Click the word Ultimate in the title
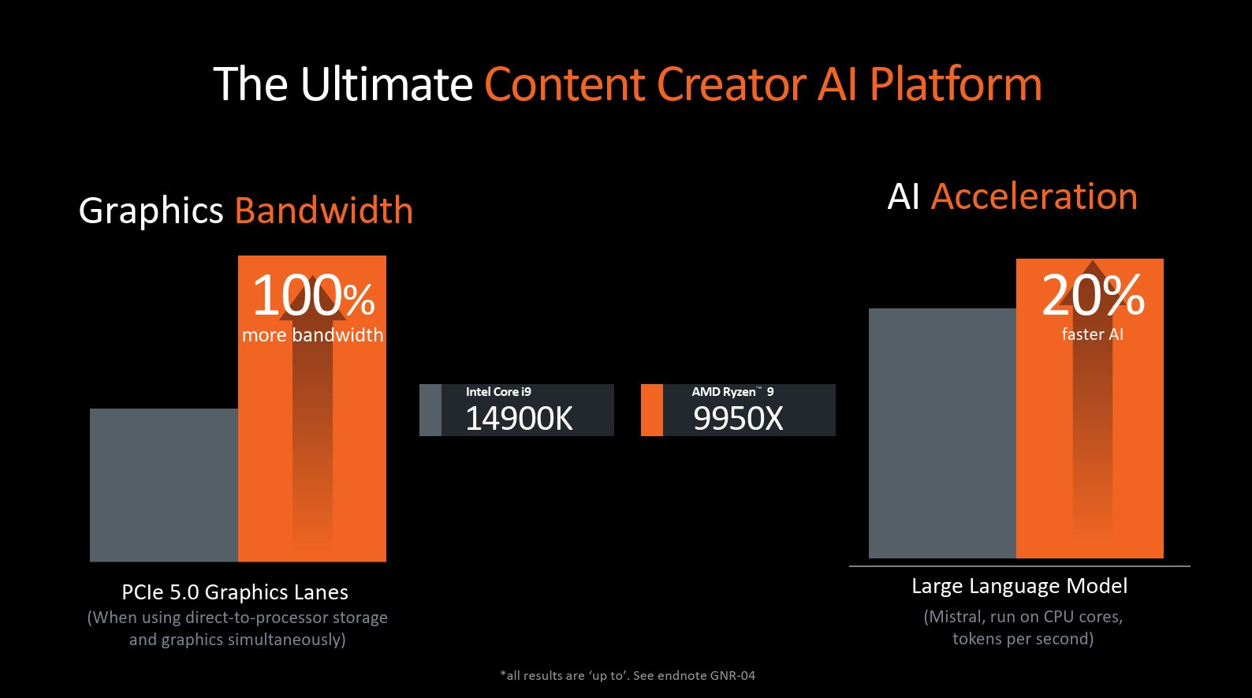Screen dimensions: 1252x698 pos(387,84)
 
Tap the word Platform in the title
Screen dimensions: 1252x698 pos(956,84)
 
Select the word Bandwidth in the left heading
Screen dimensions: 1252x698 pos(323,211)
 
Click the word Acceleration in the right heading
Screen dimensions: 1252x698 pos(1034,197)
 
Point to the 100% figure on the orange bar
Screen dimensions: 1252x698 pos(313,295)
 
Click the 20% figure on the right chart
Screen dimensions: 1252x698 pos(1093,295)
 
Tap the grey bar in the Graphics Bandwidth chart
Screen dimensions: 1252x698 pos(164,485)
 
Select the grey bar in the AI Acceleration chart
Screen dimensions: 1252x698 pos(942,433)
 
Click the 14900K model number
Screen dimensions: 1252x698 pos(519,418)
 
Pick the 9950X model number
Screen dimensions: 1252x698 pos(738,418)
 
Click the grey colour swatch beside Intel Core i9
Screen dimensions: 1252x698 pos(430,410)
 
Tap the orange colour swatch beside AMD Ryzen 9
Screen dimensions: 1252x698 pos(652,410)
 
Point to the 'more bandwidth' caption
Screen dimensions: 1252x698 pos(312,335)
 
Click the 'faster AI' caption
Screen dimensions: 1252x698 pos(1092,334)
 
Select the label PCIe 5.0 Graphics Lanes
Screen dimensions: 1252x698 pos(235,592)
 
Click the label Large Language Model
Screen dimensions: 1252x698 pos(1019,586)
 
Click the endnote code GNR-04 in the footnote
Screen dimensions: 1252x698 pos(732,676)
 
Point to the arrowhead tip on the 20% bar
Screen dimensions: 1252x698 pos(1092,261)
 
